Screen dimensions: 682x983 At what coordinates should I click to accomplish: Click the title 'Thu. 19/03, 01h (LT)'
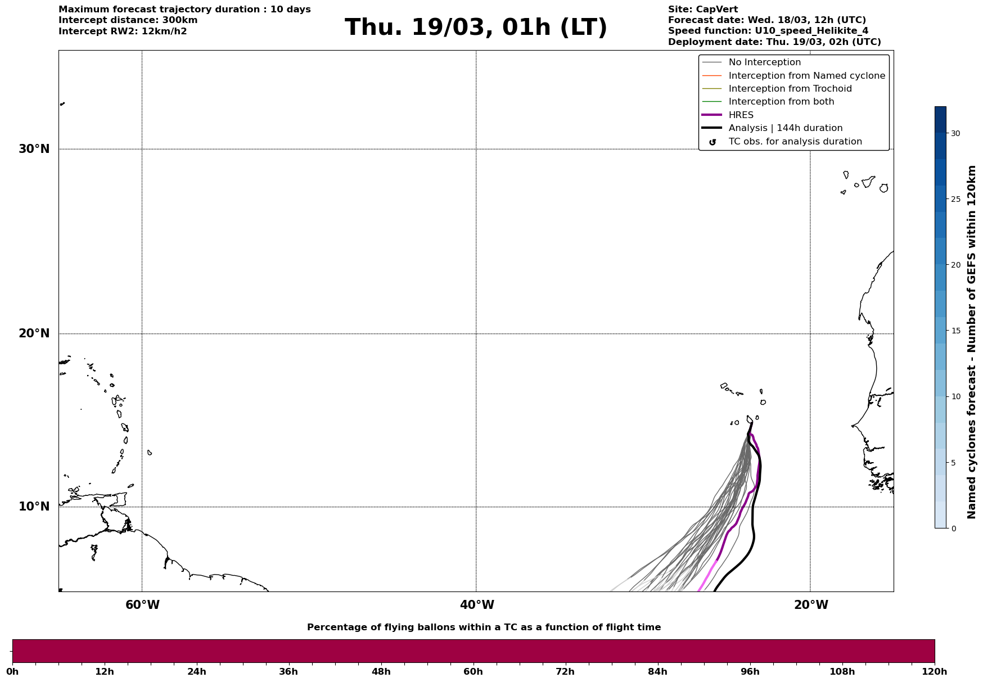pyautogui.click(x=476, y=28)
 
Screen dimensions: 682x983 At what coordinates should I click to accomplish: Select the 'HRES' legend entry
pyautogui.click(x=741, y=115)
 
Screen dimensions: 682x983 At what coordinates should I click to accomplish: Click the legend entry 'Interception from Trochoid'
pyautogui.click(x=790, y=89)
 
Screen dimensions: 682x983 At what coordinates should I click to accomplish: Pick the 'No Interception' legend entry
pyautogui.click(x=764, y=62)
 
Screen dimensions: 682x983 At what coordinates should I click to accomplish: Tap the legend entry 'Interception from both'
pyautogui.click(x=781, y=102)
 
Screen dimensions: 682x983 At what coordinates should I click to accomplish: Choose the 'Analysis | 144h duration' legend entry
pyautogui.click(x=785, y=128)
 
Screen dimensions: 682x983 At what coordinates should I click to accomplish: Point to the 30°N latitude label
pyautogui.click(x=34, y=149)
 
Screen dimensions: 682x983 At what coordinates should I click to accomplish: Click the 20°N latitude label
pyautogui.click(x=34, y=333)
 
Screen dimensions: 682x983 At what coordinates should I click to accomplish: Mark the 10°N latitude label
pyautogui.click(x=34, y=507)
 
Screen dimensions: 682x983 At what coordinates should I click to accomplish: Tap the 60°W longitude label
pyautogui.click(x=142, y=605)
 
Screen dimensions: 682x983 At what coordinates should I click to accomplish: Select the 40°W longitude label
pyautogui.click(x=477, y=605)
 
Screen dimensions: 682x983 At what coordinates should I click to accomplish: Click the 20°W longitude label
pyautogui.click(x=811, y=605)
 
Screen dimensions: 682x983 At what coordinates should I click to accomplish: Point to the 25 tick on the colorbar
pyautogui.click(x=955, y=199)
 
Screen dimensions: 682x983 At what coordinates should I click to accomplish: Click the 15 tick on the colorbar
pyautogui.click(x=955, y=331)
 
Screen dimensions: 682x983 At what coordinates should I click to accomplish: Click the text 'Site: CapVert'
pyautogui.click(x=702, y=10)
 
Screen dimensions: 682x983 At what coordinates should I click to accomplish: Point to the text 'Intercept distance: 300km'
pyautogui.click(x=128, y=20)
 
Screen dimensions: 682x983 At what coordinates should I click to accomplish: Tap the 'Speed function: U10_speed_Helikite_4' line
pyautogui.click(x=768, y=31)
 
